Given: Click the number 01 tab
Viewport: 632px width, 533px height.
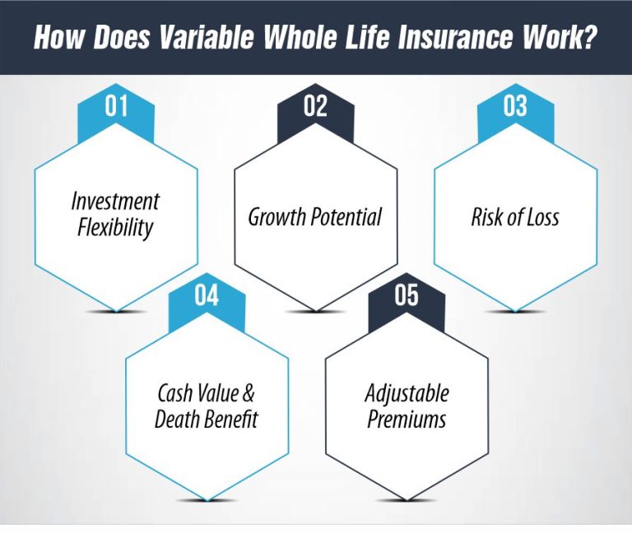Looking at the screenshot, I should click(116, 108).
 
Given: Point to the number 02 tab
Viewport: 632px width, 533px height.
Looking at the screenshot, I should click(315, 108).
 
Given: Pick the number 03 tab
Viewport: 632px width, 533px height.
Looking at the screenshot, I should click(514, 108).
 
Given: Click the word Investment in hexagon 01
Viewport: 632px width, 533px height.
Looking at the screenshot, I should click(115, 202).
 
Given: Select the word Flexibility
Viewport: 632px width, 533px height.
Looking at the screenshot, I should click(115, 227).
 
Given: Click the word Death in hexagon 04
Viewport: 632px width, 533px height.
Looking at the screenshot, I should click(178, 419).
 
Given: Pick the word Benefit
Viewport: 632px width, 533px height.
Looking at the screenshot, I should click(231, 419).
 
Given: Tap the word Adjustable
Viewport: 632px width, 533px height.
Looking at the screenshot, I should click(407, 392).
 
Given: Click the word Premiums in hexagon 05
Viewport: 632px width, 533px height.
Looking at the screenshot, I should click(407, 419).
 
